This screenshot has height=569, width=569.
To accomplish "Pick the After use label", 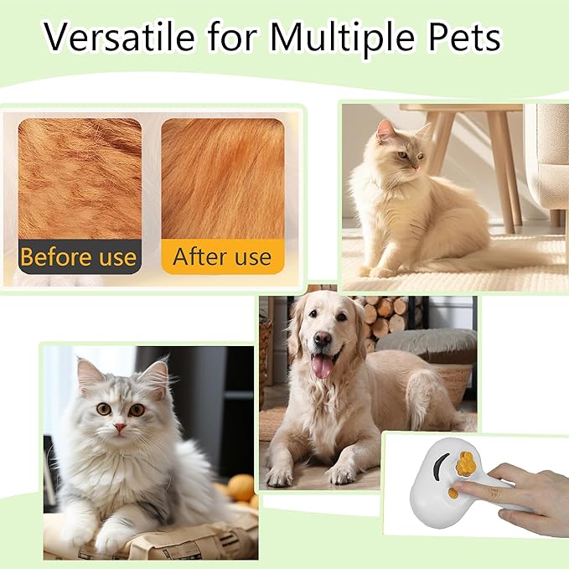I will click(x=222, y=256).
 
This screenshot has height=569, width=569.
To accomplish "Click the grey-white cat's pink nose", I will click(x=121, y=427).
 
